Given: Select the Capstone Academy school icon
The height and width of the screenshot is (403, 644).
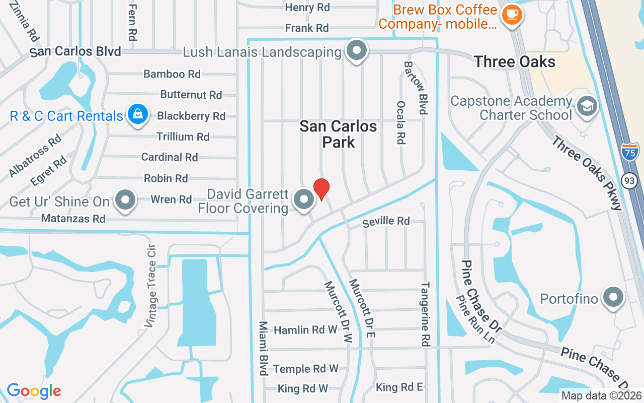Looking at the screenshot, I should pyautogui.click(x=587, y=106).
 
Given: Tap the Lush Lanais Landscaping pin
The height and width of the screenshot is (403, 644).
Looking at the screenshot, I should pyautogui.click(x=357, y=51).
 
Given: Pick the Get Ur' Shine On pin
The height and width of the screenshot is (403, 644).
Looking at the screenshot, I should pyautogui.click(x=125, y=200).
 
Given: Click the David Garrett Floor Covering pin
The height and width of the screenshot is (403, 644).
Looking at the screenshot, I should pyautogui.click(x=303, y=200).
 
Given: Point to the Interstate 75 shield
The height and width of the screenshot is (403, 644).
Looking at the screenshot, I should pyautogui.click(x=629, y=152).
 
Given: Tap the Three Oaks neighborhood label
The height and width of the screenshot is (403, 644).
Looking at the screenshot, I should pyautogui.click(x=515, y=62).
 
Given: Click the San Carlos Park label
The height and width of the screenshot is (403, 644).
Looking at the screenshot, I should pyautogui.click(x=338, y=134).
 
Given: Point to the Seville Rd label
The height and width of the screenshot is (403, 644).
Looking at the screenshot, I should pyautogui.click(x=386, y=221).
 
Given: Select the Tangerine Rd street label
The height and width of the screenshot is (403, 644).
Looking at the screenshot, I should pyautogui.click(x=425, y=314).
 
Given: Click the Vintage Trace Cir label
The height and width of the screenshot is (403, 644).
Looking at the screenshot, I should pyautogui.click(x=150, y=286).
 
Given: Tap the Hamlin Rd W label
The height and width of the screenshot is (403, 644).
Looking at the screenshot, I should pyautogui.click(x=305, y=330).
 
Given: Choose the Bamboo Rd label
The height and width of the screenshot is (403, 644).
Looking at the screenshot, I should pyautogui.click(x=172, y=74).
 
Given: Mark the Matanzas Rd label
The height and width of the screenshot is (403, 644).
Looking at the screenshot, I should pyautogui.click(x=73, y=219).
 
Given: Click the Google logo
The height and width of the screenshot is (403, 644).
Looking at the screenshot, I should pyautogui.click(x=34, y=391).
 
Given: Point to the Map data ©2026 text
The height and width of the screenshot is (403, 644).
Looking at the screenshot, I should pyautogui.click(x=601, y=395).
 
